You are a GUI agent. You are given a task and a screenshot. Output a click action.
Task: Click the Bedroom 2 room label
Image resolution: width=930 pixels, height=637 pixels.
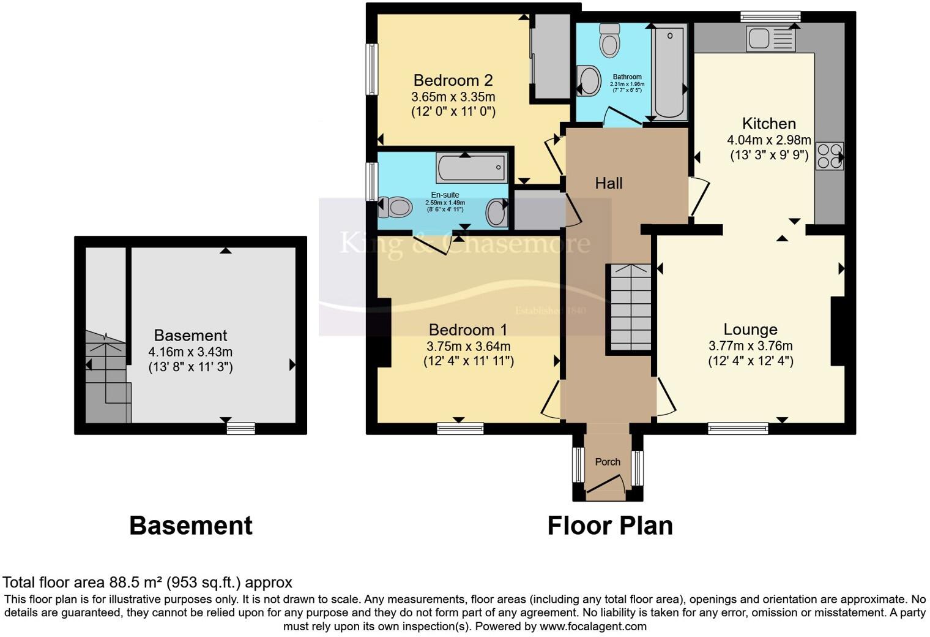point(453,80)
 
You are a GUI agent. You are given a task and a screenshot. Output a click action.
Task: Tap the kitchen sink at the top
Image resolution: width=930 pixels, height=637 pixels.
point(770,38)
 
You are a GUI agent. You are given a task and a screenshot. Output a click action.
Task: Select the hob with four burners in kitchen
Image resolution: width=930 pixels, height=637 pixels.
point(829,155)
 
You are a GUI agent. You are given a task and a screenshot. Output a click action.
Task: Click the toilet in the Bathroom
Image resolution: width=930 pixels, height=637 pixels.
point(609,40)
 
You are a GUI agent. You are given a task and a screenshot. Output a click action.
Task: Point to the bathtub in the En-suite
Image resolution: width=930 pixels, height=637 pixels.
point(472,167)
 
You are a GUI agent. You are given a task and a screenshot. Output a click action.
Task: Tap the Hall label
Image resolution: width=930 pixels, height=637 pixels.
point(608,183)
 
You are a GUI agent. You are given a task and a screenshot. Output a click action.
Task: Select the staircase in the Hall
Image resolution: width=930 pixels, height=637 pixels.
point(629,308)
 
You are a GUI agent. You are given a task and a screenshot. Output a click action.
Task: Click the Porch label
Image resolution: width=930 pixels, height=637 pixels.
point(608,462)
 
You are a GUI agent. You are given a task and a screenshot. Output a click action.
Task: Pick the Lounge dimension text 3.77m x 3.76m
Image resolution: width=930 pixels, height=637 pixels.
point(750,345)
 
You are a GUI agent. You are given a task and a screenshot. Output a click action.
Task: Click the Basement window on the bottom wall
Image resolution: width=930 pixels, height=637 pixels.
point(240,428)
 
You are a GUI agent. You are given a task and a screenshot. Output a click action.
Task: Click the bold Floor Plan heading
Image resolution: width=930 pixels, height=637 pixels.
point(609,526)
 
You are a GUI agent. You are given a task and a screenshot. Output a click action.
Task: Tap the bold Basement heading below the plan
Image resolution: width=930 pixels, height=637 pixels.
point(190,526)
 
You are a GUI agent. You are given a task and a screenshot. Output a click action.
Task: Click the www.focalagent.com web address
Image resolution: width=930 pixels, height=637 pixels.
point(593,626)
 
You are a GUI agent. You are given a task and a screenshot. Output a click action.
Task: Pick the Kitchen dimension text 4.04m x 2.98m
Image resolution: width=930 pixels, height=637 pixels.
point(768,140)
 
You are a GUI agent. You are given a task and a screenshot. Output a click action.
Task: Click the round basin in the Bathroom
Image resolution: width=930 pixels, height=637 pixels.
point(589,80)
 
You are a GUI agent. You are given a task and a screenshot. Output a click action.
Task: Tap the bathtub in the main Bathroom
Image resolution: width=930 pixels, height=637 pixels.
point(670,70)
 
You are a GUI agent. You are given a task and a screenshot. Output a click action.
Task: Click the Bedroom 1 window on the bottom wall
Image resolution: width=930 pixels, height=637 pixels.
point(460,428)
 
